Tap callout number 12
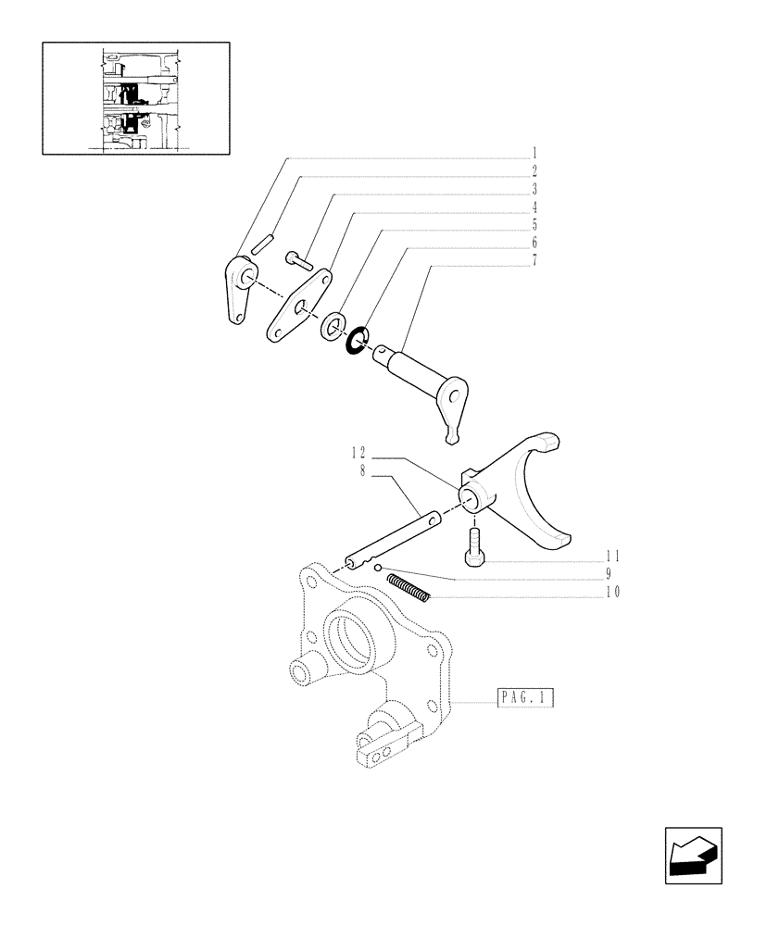358,453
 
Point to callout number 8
363,470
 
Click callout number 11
612,557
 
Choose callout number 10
612,592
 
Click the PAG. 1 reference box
524,699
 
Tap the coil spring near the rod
409,588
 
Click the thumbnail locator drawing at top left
135,97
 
